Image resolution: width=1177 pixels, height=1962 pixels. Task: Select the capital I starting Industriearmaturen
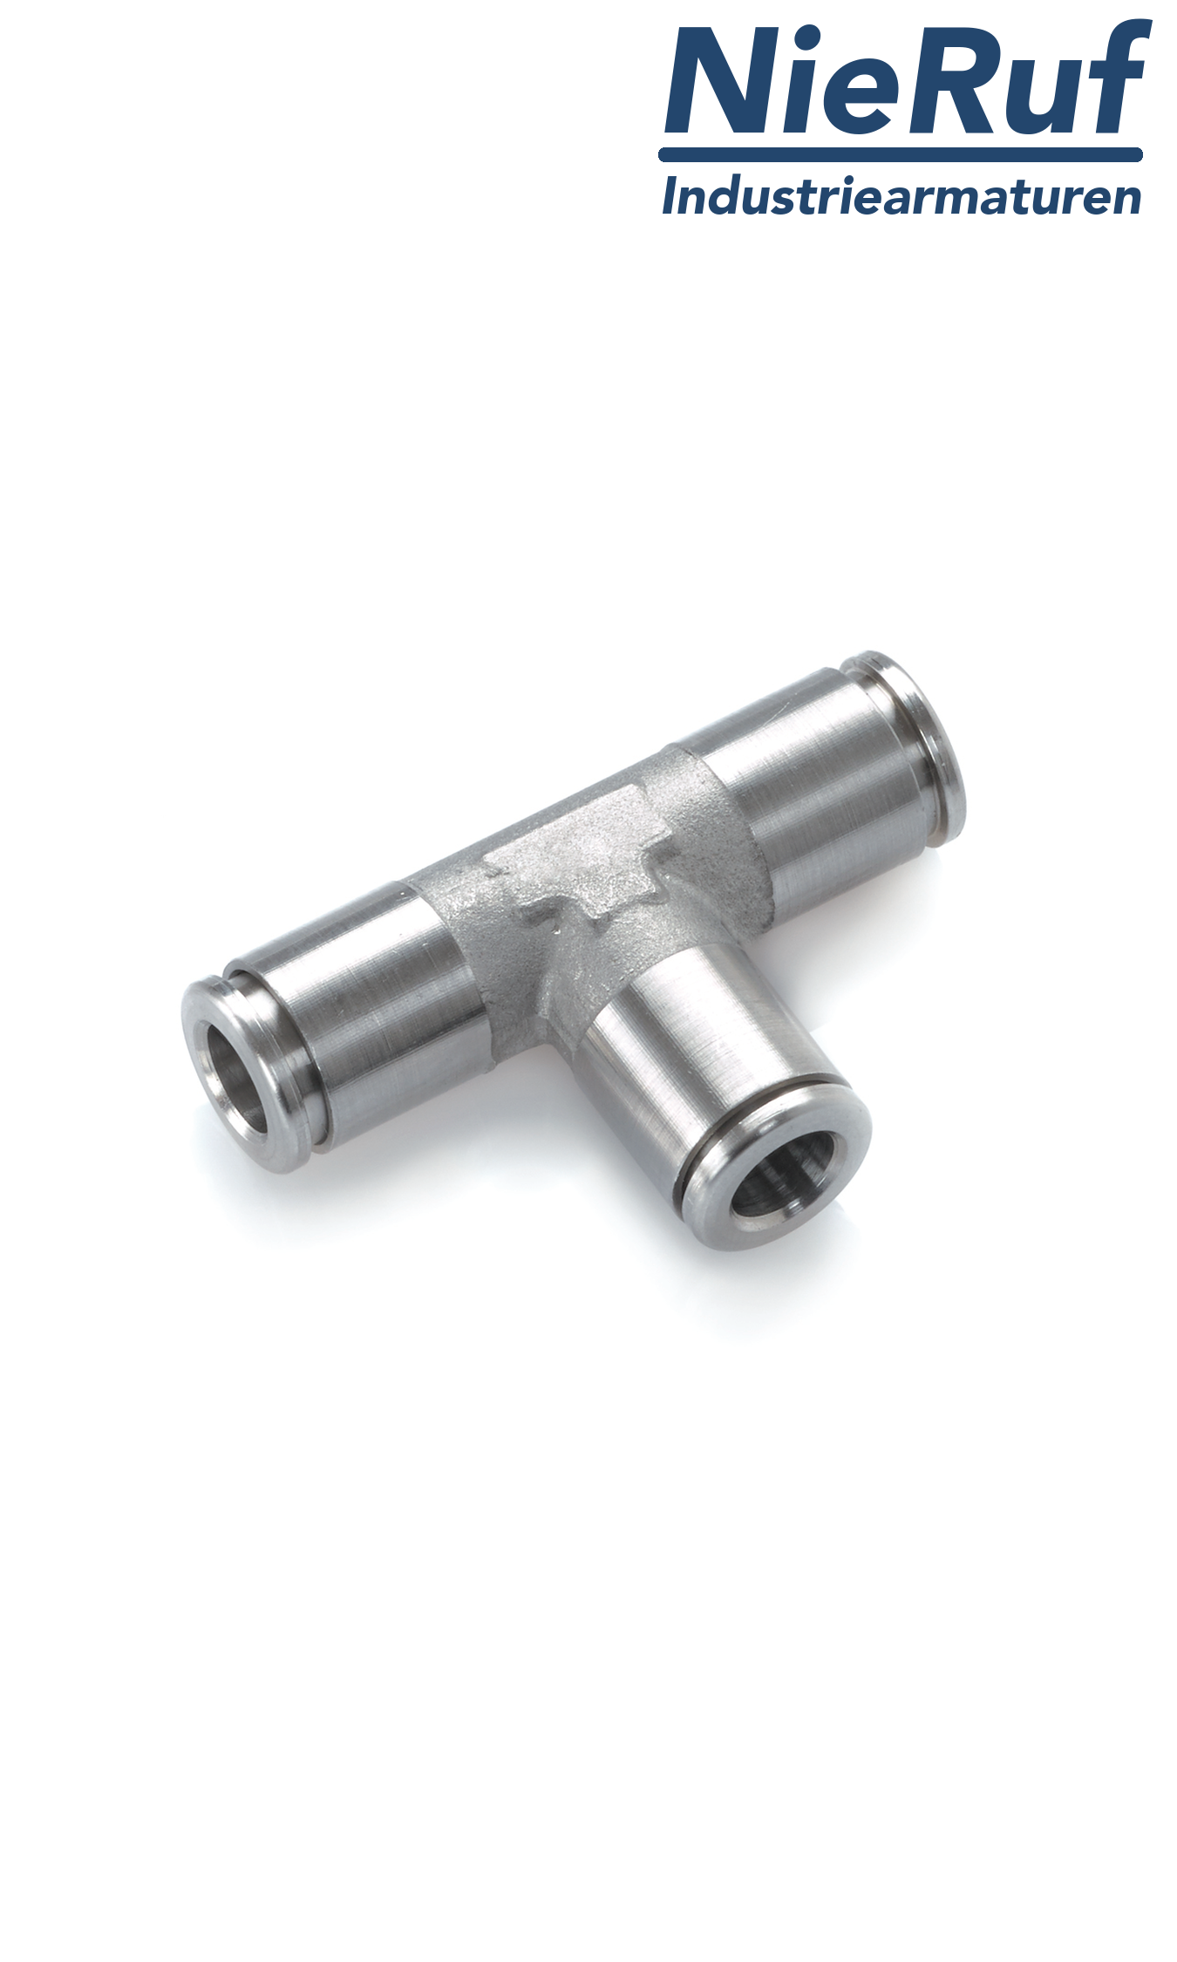point(670,196)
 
